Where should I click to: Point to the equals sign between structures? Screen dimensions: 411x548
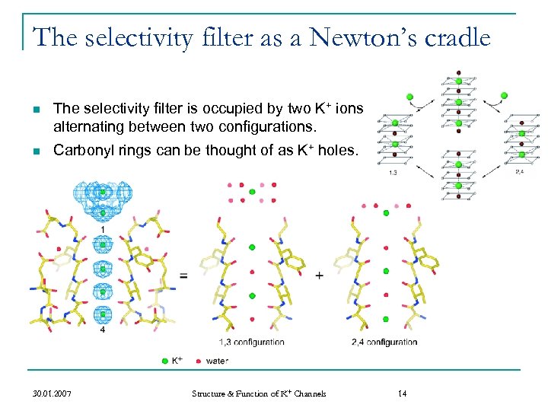[x=183, y=276]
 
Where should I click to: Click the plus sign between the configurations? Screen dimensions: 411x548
[x=319, y=275]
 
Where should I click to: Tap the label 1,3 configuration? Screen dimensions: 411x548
[x=251, y=342]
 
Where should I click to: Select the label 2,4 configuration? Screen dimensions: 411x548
[x=384, y=342]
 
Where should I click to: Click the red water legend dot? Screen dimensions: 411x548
[x=199, y=359]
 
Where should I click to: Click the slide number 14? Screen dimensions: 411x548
[x=403, y=393]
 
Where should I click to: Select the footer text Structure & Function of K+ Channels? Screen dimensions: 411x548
[x=259, y=393]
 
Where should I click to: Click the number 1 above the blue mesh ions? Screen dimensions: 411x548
[x=102, y=230]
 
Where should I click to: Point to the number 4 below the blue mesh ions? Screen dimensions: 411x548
[x=102, y=330]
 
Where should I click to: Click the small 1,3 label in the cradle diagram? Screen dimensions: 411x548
[x=393, y=173]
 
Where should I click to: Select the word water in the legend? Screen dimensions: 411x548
[x=217, y=360]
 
